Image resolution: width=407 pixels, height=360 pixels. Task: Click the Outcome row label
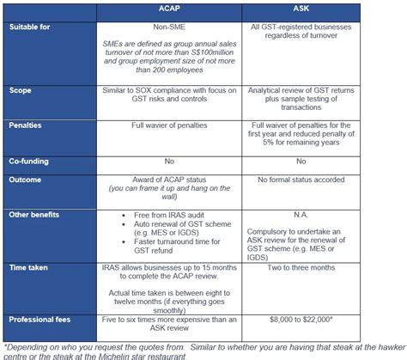27,179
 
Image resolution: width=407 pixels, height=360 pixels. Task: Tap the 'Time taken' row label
31,270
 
